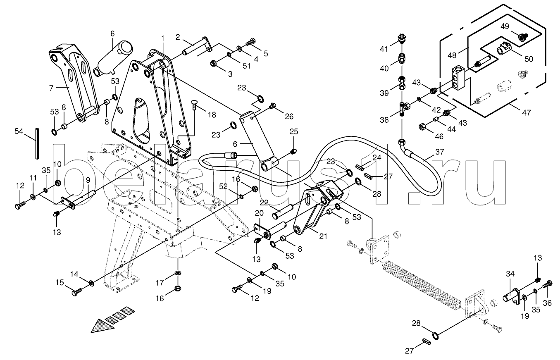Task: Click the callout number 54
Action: (19, 131)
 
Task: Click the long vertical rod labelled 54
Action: (37, 143)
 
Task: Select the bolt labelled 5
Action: (250, 43)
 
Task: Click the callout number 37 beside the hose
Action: (440, 152)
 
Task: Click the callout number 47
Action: (526, 113)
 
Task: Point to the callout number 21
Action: (323, 236)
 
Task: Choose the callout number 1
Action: (163, 38)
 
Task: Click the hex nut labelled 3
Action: (214, 64)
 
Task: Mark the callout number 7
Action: (51, 88)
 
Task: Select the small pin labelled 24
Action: (360, 167)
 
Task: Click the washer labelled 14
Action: (91, 283)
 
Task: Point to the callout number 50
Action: (529, 59)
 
